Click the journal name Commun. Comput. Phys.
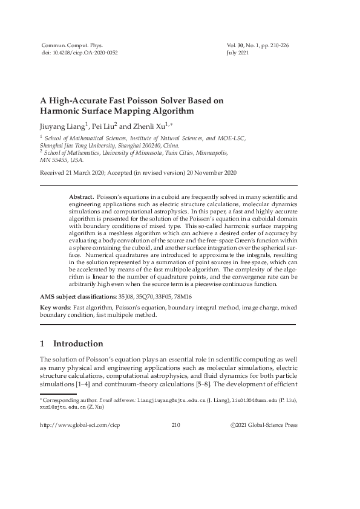pyautogui.click(x=71, y=45)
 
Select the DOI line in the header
pyautogui.click(x=79, y=53)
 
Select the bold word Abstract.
pyautogui.click(x=81, y=197)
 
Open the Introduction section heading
pyautogui.click(x=77, y=344)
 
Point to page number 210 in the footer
pyautogui.click(x=176, y=425)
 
